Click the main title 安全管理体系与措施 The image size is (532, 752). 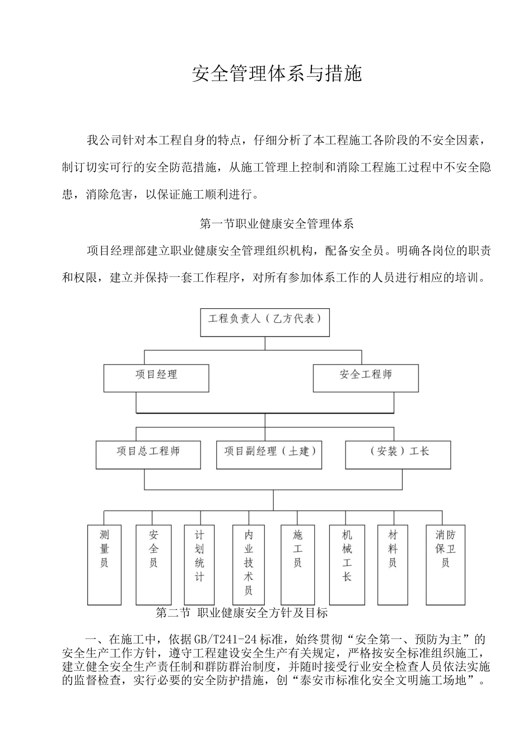coord(277,73)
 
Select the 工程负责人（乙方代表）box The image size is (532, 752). coord(265,322)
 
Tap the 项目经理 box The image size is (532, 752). coord(156,378)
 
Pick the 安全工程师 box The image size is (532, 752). coord(366,378)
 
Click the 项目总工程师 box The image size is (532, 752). coord(148,454)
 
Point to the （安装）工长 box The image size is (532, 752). coord(398,454)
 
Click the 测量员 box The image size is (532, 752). coord(104,565)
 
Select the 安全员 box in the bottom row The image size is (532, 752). coord(153,565)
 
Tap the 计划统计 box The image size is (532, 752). coord(200,565)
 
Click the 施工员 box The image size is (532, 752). coord(298,565)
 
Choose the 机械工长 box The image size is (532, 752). coord(347,565)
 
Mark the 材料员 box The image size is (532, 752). coord(394,565)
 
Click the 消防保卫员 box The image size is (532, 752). coord(445,565)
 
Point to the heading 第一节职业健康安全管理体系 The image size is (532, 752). coord(277,224)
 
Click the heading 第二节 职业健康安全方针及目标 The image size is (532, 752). coord(241,613)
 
